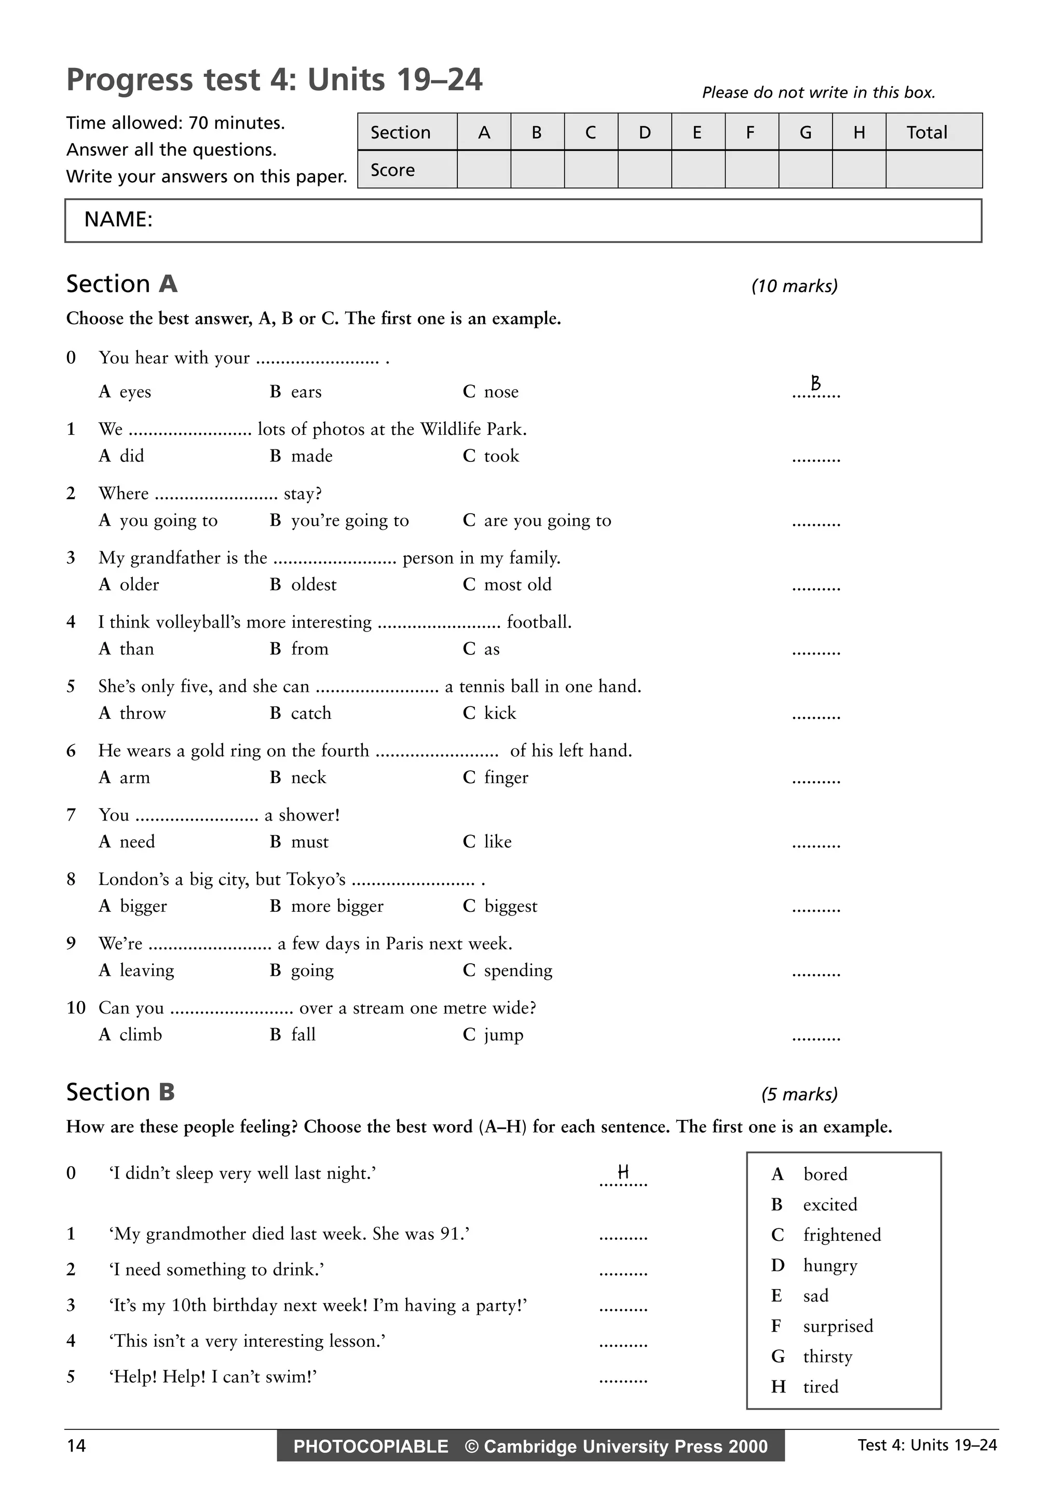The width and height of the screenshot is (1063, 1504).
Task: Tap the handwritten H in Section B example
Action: pos(623,1172)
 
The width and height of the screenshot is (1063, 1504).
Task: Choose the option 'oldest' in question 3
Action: pos(313,584)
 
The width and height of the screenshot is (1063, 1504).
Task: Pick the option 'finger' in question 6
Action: pos(506,777)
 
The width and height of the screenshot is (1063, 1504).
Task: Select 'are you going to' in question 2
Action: pos(547,520)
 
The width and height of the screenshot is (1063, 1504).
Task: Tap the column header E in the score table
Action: pos(697,132)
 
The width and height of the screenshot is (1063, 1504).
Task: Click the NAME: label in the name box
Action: pos(118,220)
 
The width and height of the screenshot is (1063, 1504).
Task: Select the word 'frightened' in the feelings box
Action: pos(841,1235)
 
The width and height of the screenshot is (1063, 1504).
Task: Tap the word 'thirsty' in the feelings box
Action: pos(827,1356)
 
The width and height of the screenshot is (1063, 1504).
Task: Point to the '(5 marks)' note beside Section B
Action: pos(799,1095)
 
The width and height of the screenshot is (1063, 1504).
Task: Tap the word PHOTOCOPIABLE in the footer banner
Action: pos(371,1446)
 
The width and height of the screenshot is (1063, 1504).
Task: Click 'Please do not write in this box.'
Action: pos(818,92)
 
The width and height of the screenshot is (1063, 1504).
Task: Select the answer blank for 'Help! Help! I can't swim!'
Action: pos(623,1379)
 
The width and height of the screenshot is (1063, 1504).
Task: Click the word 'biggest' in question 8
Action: pos(510,906)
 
